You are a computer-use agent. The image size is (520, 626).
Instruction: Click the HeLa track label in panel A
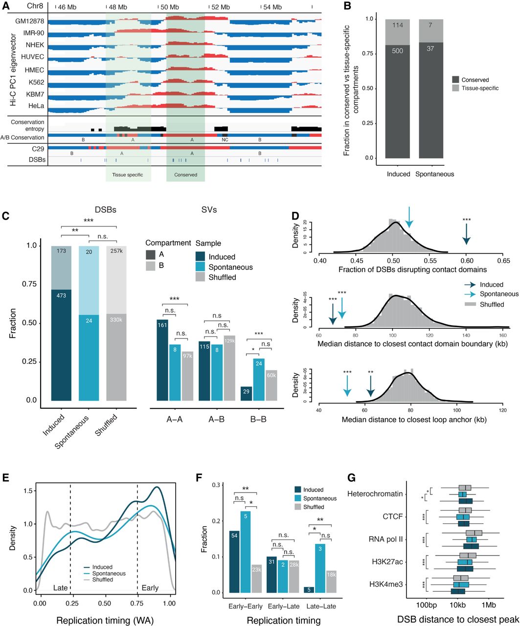(36, 106)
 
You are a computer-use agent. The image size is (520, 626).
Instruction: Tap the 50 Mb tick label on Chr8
(170, 7)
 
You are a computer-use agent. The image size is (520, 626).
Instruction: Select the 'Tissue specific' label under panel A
(128, 175)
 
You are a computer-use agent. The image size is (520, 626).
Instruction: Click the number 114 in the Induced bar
(398, 25)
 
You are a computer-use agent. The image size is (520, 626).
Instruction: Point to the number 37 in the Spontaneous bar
(430, 48)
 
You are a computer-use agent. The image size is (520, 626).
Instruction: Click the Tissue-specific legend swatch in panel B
(455, 88)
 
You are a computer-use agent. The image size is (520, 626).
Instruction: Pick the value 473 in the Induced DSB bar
(61, 295)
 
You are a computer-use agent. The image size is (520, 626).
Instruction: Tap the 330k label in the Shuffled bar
(116, 319)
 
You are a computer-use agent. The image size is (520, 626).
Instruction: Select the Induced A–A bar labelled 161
(162, 360)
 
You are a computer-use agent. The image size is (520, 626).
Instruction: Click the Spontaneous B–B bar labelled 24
(259, 380)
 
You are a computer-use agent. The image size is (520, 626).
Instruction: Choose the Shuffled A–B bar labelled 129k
(229, 368)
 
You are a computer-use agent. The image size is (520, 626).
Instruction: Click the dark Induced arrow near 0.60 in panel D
(466, 234)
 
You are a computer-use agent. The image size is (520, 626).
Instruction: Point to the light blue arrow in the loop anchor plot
(347, 386)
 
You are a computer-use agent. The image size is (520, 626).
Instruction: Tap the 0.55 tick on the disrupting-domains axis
(430, 261)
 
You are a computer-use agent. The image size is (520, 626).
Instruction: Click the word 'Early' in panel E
(150, 588)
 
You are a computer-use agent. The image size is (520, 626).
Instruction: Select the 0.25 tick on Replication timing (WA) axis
(72, 603)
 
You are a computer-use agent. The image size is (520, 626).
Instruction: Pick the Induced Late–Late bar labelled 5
(309, 590)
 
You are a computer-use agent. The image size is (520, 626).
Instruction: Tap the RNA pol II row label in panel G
(385, 539)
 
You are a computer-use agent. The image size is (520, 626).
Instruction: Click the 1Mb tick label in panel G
(489, 605)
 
